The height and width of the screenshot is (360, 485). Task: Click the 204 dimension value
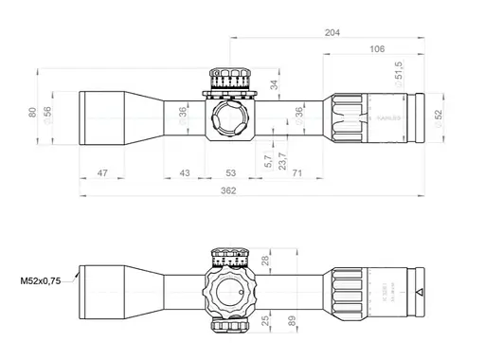(x=332, y=31)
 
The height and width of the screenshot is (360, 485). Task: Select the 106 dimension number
(x=377, y=48)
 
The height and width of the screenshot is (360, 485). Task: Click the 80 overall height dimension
(x=32, y=113)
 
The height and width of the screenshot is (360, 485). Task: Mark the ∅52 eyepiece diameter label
(x=438, y=114)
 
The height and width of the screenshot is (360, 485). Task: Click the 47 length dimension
(x=103, y=173)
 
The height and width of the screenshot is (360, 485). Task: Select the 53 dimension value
(x=231, y=173)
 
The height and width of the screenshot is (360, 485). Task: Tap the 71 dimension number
(x=297, y=173)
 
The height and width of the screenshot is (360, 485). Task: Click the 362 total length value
(x=228, y=190)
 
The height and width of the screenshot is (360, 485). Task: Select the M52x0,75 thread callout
(x=40, y=281)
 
